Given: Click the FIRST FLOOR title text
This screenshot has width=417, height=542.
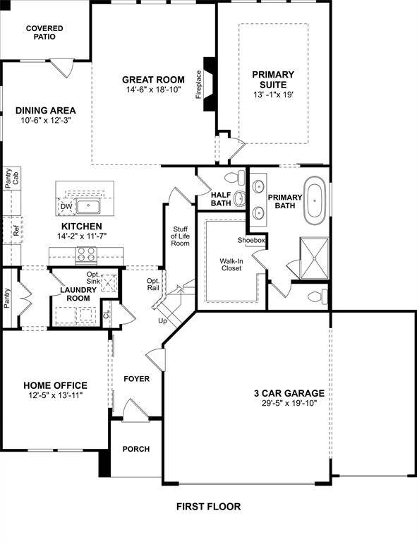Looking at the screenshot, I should pyautogui.click(x=208, y=507).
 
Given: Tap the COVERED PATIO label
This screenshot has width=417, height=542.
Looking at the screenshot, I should pyautogui.click(x=44, y=32).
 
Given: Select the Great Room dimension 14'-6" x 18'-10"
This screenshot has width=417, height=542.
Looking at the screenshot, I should pyautogui.click(x=153, y=90).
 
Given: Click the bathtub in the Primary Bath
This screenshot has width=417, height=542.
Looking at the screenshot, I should pyautogui.click(x=315, y=200).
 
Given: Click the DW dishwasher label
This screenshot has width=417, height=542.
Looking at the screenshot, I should pyautogui.click(x=66, y=206).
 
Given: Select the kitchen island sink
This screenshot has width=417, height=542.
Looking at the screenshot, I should pyautogui.click(x=89, y=206).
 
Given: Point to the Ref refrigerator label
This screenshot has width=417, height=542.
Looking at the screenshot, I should pyautogui.click(x=15, y=231).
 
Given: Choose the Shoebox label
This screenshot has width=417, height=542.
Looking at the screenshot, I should pyautogui.click(x=251, y=240).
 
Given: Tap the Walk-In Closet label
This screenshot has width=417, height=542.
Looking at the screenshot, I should pyautogui.click(x=231, y=265).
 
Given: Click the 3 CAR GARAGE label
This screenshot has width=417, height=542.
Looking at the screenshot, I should pyautogui.click(x=289, y=393).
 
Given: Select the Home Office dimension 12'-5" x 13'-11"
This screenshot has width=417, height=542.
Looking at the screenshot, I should pyautogui.click(x=55, y=395).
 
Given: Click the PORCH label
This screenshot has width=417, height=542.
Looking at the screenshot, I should pyautogui.click(x=136, y=449).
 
